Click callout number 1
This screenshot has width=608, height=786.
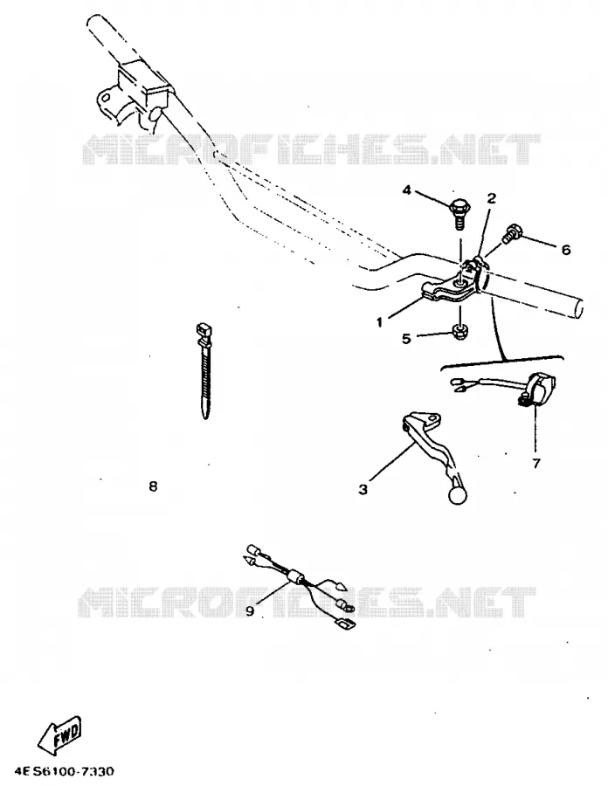379,321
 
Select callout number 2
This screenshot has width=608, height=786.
491,198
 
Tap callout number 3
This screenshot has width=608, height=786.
363,489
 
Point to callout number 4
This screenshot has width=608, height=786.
406,190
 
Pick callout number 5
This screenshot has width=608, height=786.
406,338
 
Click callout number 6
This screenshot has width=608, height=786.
566,249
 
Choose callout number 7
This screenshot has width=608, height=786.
536,463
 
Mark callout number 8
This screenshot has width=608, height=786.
154,486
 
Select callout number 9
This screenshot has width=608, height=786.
250,610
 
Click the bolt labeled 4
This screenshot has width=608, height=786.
458,213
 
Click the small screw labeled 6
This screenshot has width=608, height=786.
512,233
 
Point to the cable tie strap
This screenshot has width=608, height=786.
205,371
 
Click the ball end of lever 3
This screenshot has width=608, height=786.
458,495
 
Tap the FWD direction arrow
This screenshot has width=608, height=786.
59,736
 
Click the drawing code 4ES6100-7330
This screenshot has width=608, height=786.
64,770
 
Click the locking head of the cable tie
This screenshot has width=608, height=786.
204,332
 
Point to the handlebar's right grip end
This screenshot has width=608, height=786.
579,307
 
